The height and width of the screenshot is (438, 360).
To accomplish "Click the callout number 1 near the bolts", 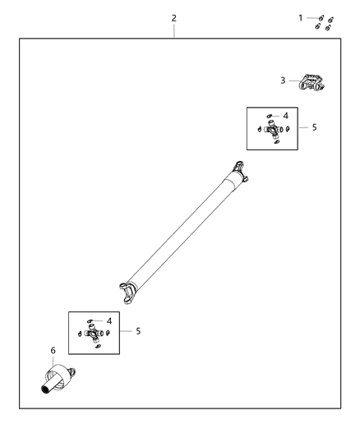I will point(300,16).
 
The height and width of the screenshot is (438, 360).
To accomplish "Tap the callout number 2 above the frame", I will point(173,17).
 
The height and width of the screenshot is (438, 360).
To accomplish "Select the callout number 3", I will point(283,81).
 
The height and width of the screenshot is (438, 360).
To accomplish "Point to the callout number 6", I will point(53,351).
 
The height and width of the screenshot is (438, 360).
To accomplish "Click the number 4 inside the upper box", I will point(285,116).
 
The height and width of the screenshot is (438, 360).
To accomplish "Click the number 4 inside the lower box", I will point(108,321).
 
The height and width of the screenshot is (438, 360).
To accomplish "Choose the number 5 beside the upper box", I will point(314,127).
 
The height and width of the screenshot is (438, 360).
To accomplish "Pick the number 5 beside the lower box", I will point(138,331).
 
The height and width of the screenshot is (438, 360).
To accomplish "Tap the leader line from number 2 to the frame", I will point(173,30).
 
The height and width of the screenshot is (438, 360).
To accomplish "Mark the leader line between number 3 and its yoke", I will point(293,81).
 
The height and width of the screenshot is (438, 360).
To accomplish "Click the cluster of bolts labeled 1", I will point(324,22).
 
